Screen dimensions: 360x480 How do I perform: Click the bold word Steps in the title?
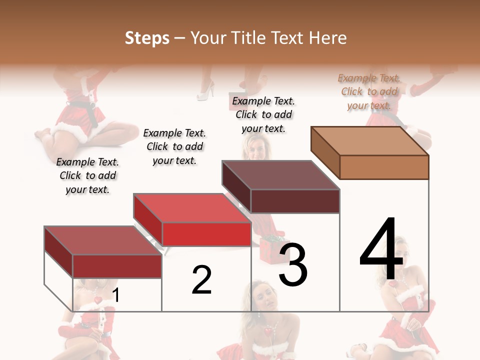coord(147,38)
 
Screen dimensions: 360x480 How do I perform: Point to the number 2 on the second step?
coord(201,280)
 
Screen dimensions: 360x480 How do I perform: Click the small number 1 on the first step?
coord(116,295)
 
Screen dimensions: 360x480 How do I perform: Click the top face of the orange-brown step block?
coord(370,141)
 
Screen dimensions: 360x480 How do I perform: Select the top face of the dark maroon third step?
coord(280,175)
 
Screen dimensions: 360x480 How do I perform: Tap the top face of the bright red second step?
coord(192,208)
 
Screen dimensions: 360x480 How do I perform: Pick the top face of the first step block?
coord(103,240)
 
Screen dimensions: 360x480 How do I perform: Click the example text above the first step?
coord(87,175)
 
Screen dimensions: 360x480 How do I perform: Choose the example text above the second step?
coord(174,146)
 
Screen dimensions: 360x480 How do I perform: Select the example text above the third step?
coord(263,114)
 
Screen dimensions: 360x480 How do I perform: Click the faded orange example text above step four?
coord(369,91)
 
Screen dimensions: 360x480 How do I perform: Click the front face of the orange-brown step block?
coord(384,167)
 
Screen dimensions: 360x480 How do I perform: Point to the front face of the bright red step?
coord(206,234)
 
